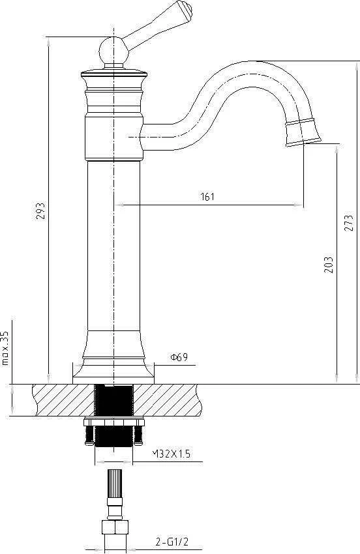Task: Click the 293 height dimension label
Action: (40, 212)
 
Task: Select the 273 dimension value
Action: (350, 222)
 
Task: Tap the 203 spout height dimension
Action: (329, 264)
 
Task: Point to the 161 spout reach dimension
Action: (207, 196)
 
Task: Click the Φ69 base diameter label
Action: (179, 357)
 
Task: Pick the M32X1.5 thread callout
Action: (171, 454)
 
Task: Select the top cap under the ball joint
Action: (113, 74)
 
